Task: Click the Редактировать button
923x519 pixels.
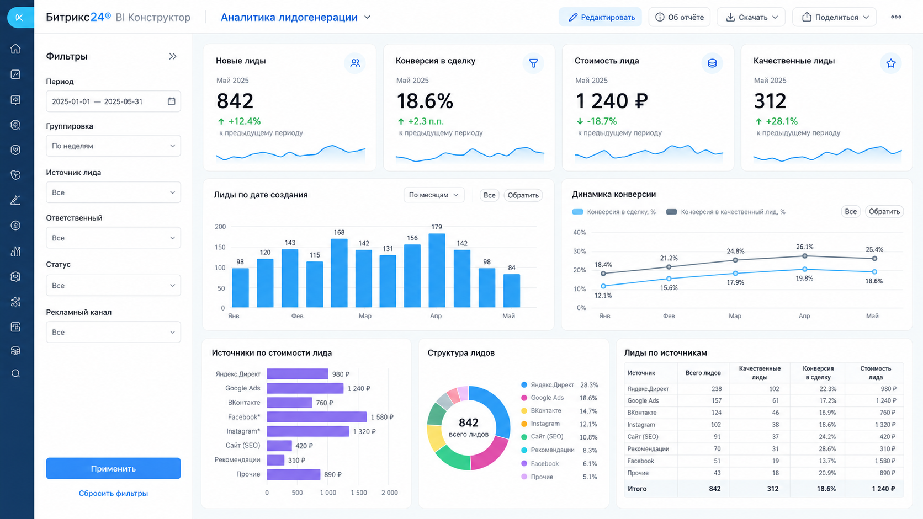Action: (600, 17)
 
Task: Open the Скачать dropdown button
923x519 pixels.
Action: (751, 17)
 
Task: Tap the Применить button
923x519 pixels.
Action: (113, 468)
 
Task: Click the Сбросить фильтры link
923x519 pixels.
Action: (113, 493)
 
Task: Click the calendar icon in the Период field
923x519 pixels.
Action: (172, 101)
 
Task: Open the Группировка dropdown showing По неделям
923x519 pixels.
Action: (113, 146)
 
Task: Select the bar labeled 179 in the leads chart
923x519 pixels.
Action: (437, 270)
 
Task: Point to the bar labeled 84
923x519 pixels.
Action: (511, 291)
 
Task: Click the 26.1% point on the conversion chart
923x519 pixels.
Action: (804, 256)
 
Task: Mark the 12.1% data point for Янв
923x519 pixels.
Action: (603, 286)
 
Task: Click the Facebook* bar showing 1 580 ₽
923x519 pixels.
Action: (316, 417)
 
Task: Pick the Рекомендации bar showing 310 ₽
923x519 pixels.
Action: (275, 460)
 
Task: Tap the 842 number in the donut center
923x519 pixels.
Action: (469, 422)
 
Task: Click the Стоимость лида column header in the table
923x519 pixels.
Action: (876, 372)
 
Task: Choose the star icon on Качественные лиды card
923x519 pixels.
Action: (891, 63)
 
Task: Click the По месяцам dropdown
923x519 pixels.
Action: (434, 195)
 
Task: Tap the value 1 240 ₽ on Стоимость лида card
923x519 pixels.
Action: (612, 101)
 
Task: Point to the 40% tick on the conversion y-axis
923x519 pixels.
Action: (579, 233)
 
